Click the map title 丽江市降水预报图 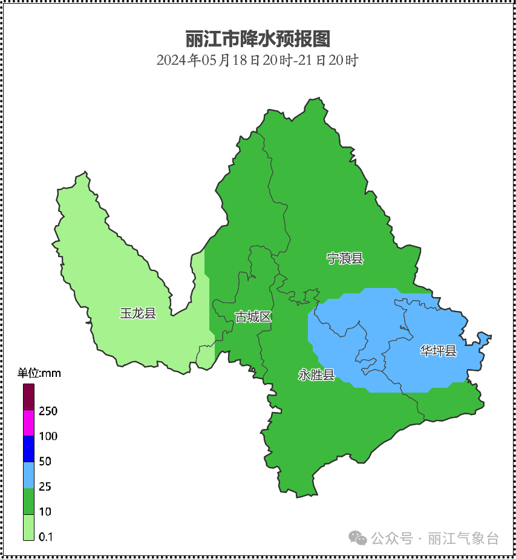click(258, 39)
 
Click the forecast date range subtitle click(258, 60)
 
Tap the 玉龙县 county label click(138, 313)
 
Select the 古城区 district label click(253, 316)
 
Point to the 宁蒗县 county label click(345, 258)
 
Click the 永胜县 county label click(316, 374)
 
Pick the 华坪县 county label click(439, 350)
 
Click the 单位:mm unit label click(39, 373)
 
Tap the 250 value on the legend click(48, 411)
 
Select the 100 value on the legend click(48, 436)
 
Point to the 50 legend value click(45, 462)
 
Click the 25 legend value click(45, 487)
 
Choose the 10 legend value click(45, 512)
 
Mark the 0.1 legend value click(46, 537)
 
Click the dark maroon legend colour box click(29, 397)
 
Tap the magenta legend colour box click(29, 423)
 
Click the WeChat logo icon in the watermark click(358, 538)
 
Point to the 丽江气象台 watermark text click(463, 538)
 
